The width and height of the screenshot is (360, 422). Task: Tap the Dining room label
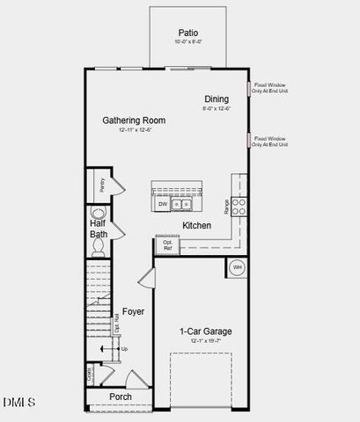217,99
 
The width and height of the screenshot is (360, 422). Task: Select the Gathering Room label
134,120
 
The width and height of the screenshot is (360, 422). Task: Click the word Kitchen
196,226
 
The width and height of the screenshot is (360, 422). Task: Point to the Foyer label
133,312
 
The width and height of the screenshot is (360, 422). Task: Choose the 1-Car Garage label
205,331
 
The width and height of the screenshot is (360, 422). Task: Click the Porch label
121,397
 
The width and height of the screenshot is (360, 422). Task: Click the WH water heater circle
237,267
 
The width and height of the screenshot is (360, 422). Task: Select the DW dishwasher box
163,205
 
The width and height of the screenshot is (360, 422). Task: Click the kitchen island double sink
182,205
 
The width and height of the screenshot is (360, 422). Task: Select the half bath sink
97,214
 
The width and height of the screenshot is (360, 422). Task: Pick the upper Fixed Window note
270,89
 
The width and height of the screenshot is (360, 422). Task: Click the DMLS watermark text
18,403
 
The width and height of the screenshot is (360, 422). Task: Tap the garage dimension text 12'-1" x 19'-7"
205,341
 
